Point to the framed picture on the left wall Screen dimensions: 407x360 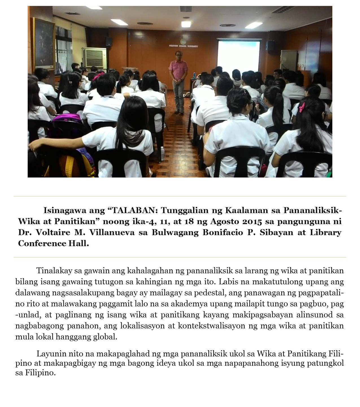pyautogui.click(x=44, y=44)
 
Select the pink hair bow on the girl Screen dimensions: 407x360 pyautogui.click(x=302, y=107)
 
